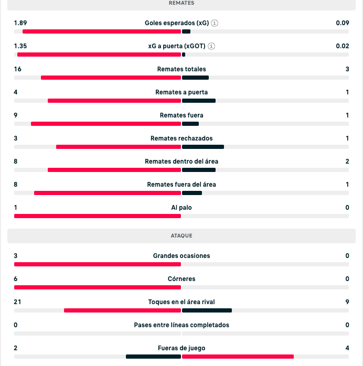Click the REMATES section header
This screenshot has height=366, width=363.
point(181,3)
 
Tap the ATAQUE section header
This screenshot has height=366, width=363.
point(181,236)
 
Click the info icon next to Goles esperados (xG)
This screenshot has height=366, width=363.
point(215,23)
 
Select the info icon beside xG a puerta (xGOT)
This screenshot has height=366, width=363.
point(211,46)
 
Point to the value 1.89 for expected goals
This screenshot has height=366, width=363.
point(20,23)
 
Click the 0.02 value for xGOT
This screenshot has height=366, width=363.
point(343,46)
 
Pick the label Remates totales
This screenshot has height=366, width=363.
point(181,69)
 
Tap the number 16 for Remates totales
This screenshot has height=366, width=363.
point(18,69)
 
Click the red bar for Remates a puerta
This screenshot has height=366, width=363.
point(114,101)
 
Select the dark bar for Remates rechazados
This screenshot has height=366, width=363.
point(203,147)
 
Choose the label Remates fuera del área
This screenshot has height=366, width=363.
point(181,185)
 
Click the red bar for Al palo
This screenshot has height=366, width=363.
point(98,216)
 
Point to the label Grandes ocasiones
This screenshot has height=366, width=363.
point(181,256)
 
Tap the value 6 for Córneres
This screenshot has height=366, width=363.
point(16,279)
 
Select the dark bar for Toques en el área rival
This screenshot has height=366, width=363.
point(207,310)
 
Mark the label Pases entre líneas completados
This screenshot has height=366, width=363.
point(181,325)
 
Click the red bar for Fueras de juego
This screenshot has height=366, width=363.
point(238,357)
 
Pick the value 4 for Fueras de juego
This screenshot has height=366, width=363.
point(347,348)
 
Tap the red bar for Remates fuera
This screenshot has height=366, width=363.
point(106,124)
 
